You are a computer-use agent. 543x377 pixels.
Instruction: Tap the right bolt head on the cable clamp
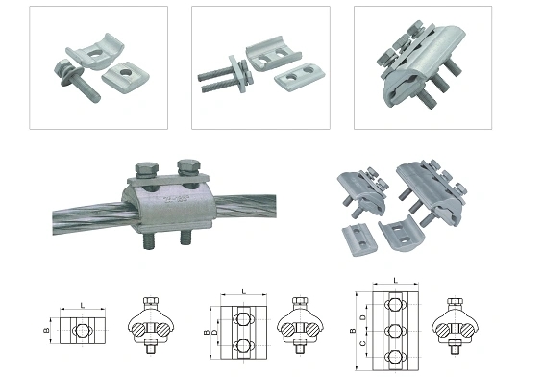pyautogui.click(x=188, y=169)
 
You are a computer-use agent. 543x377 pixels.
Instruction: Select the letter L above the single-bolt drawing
pyautogui.click(x=83, y=304)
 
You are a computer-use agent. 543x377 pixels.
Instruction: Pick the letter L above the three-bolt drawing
pyautogui.click(x=394, y=281)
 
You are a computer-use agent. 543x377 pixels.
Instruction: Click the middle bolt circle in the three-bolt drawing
pyautogui.click(x=394, y=328)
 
